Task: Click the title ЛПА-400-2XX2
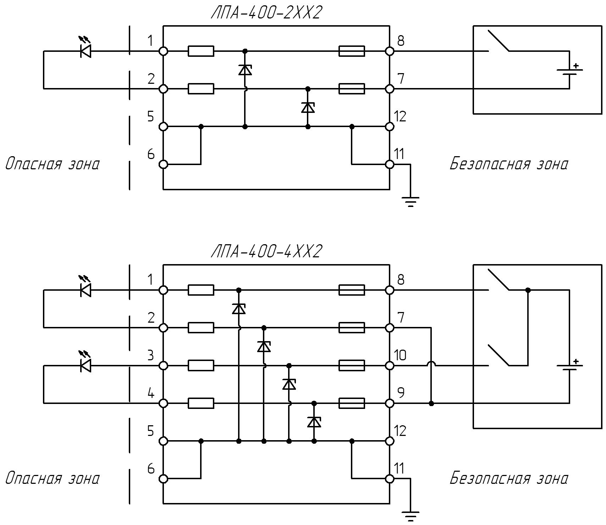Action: click(x=266, y=13)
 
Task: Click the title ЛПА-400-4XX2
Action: click(x=266, y=252)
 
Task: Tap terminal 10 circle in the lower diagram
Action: click(x=390, y=366)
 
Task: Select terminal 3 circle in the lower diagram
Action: click(x=163, y=366)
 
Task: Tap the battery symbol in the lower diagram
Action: click(x=570, y=366)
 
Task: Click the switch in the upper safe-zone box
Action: click(x=499, y=41)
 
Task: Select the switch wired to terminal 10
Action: click(x=499, y=355)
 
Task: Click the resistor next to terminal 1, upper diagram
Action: click(x=201, y=51)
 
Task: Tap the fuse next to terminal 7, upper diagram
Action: click(x=352, y=89)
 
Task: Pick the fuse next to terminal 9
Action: click(x=352, y=403)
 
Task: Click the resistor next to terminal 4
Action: click(x=201, y=403)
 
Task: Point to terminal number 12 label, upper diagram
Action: click(x=400, y=116)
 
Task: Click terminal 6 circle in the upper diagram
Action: click(x=163, y=164)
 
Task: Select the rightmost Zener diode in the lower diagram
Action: click(x=314, y=422)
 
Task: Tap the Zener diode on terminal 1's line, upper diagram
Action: click(x=245, y=70)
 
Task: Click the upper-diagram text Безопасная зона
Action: click(x=509, y=164)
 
